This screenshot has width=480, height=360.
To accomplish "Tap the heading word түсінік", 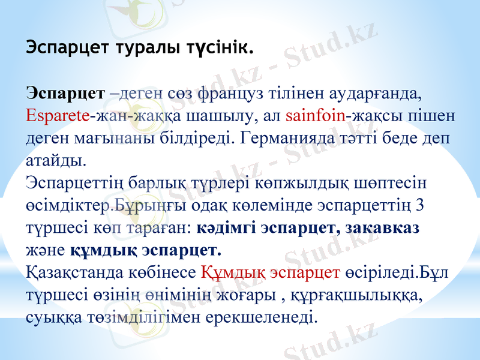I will click(x=215, y=47).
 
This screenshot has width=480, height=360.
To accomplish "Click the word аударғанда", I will click(x=370, y=94).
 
